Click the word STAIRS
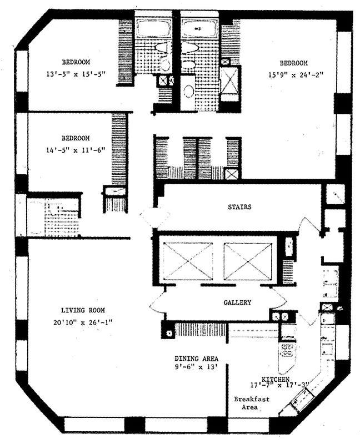239,207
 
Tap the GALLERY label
237,303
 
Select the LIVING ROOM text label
83,310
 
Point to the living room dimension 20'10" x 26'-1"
83,321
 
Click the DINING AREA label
196,358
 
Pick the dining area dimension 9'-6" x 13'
196,367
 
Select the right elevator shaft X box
248,261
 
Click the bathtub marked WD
198,27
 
